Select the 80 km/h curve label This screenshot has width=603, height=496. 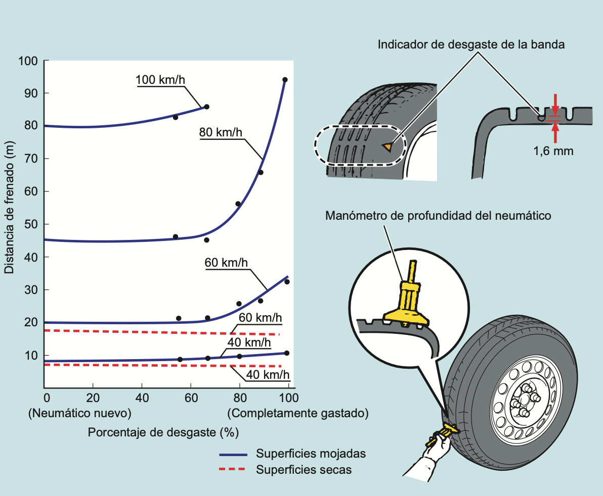click(221, 133)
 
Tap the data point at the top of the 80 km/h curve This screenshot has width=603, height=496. click(285, 80)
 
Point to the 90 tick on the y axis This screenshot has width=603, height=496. click(31, 93)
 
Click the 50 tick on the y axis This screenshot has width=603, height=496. click(31, 224)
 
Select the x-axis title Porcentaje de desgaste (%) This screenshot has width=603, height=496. click(163, 433)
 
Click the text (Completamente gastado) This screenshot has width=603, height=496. click(298, 413)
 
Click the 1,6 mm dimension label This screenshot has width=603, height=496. click(553, 151)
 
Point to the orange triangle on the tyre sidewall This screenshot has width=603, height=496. click(387, 146)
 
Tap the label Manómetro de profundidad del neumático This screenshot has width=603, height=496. click(438, 216)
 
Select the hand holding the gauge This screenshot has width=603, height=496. click(435, 449)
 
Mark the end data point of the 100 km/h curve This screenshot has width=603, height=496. click(206, 107)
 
